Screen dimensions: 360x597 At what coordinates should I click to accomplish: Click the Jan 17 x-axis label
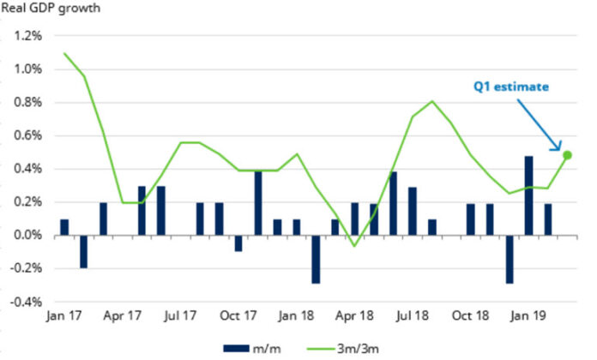(x=64, y=315)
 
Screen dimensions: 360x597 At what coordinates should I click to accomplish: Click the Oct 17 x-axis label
(x=239, y=315)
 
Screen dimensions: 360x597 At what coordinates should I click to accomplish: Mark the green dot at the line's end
(x=568, y=155)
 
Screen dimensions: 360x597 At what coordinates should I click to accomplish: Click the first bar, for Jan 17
(x=64, y=227)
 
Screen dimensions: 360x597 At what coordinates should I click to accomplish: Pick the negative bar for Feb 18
(x=317, y=259)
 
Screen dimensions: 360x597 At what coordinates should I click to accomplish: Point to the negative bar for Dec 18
(x=510, y=259)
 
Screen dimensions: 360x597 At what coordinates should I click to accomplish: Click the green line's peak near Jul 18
(x=431, y=102)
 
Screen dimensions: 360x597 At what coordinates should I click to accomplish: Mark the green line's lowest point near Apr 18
(x=355, y=246)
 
